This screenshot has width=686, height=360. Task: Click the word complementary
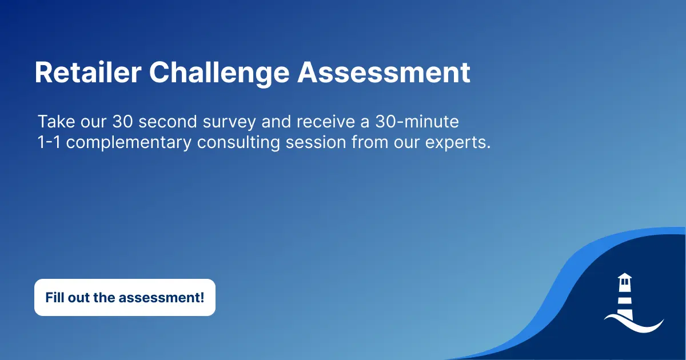tap(129, 142)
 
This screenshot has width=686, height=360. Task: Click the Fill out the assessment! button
tap(125, 297)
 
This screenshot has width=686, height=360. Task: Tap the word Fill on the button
tap(55, 297)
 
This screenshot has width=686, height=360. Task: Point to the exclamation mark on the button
tap(202, 297)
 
